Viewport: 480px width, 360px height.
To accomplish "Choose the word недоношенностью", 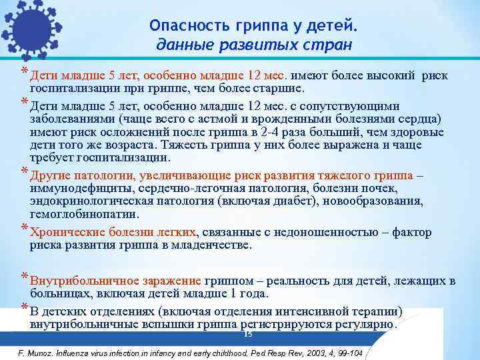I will click(x=331, y=233).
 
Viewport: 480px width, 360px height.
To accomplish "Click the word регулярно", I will click(x=366, y=324).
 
